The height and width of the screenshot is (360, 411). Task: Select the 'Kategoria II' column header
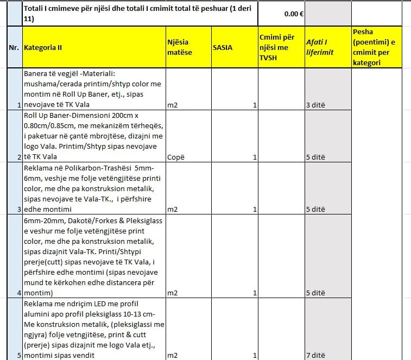click(x=43, y=47)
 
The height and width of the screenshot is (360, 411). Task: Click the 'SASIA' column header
click(x=223, y=47)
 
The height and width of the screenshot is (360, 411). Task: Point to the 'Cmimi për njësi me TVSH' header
click(x=280, y=47)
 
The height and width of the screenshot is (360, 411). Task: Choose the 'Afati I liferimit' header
click(x=320, y=47)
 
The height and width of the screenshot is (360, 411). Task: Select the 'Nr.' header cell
click(x=14, y=47)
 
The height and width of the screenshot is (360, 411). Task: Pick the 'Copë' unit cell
click(x=176, y=157)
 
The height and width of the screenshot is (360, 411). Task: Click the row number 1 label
click(x=19, y=105)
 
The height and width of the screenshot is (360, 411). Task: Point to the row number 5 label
click(x=19, y=356)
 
